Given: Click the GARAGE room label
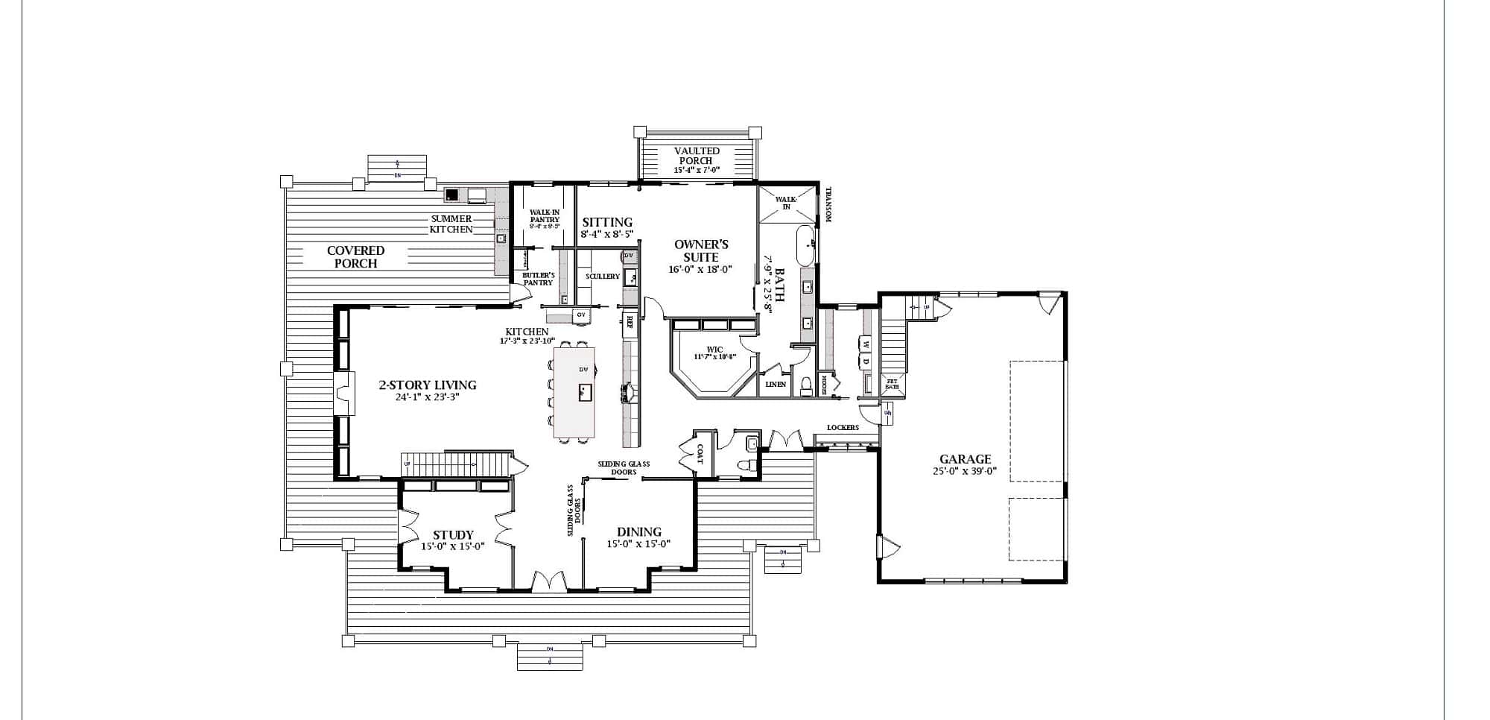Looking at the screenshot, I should [x=965, y=459].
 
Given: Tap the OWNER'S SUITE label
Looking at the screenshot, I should [x=700, y=250].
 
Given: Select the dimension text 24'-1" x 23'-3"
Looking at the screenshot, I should [x=427, y=398].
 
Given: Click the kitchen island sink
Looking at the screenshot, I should [x=585, y=392].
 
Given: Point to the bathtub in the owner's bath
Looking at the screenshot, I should [x=805, y=246].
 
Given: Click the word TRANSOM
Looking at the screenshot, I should [x=827, y=204].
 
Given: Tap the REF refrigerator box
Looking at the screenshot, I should [x=630, y=322].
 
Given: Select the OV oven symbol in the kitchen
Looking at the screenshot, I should [x=581, y=315].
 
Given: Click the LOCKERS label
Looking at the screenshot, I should [x=843, y=428].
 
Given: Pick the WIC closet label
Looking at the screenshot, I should [x=714, y=350].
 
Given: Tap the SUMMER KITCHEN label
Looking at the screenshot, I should [x=451, y=224].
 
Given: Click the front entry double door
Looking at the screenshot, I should [x=548, y=581].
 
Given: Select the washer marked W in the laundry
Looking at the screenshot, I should [x=866, y=344].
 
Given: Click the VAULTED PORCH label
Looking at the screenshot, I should [x=697, y=156].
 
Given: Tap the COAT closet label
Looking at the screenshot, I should [x=699, y=455].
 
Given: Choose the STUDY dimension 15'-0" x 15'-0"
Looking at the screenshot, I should [x=453, y=546].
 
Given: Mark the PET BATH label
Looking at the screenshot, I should [x=892, y=385].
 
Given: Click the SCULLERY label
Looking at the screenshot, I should [x=602, y=277].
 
